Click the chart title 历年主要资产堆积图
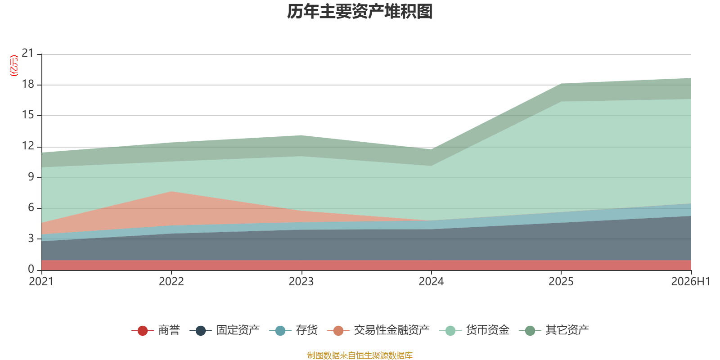point(360,12)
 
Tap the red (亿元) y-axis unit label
point(14,66)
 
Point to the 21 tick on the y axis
point(27,53)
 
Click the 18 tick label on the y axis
point(27,84)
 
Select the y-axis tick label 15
point(27,115)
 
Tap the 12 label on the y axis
point(27,146)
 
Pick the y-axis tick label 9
point(31,176)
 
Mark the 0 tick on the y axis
point(31,269)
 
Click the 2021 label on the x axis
point(41,282)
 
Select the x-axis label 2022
point(171,282)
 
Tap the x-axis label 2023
point(301,282)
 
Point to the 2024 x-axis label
point(431,282)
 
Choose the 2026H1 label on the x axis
point(690,282)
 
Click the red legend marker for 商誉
point(142,330)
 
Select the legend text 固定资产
point(238,330)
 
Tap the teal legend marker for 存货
point(280,330)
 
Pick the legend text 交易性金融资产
point(391,330)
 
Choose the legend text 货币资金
point(488,330)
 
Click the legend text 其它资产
point(567,330)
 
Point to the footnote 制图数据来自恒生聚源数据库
point(360,355)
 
